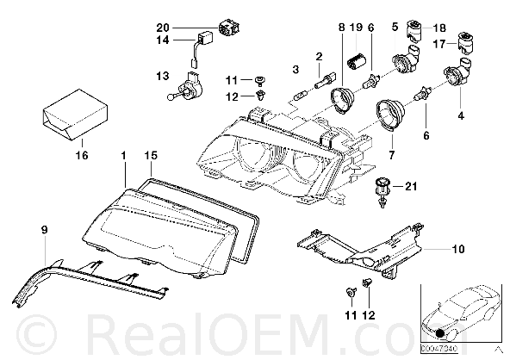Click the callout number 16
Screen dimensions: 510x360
(x=82, y=155)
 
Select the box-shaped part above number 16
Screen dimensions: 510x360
(x=75, y=115)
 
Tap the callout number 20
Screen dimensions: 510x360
(x=163, y=28)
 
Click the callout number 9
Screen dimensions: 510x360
(x=45, y=230)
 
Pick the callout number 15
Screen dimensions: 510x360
(x=151, y=155)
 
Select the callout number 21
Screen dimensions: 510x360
(x=411, y=186)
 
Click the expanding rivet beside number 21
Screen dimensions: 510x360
(x=382, y=192)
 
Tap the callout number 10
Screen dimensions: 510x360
(x=458, y=249)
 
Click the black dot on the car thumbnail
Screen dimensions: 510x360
(x=440, y=333)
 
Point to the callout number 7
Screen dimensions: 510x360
(x=392, y=155)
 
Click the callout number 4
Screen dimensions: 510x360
(x=461, y=115)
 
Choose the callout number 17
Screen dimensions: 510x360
(x=439, y=43)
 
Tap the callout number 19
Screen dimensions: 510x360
(x=357, y=27)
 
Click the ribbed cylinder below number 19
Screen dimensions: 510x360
(x=357, y=61)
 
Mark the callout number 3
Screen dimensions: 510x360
(x=295, y=69)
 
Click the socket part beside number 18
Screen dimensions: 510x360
(x=414, y=31)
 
